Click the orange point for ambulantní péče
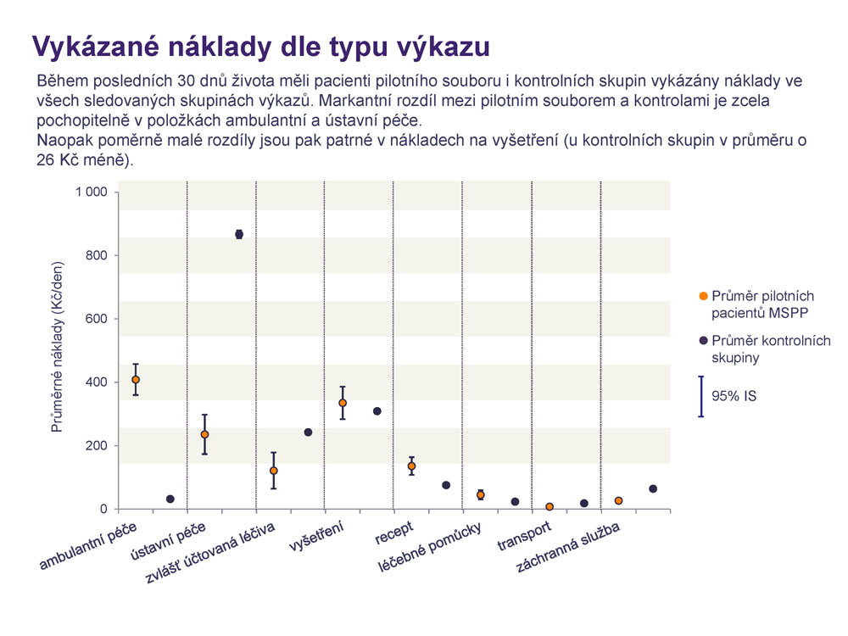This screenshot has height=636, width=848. (x=136, y=380)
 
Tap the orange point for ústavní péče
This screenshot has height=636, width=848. (x=204, y=434)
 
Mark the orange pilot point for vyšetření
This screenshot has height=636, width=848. (x=343, y=403)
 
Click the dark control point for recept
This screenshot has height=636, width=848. (x=446, y=485)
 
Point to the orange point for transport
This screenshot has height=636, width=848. (x=550, y=507)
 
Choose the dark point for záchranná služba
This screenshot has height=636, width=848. (x=653, y=489)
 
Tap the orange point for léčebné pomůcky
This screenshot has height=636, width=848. (x=480, y=495)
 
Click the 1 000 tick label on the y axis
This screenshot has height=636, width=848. (x=92, y=192)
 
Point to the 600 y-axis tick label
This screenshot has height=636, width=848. (x=97, y=319)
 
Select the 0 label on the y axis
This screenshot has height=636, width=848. (x=103, y=509)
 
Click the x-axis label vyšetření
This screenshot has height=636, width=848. (x=316, y=536)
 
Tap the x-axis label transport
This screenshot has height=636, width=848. (x=524, y=536)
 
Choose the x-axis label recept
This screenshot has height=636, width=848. (x=393, y=533)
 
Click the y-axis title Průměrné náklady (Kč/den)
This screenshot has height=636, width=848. (x=58, y=347)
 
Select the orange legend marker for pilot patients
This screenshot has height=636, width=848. (x=704, y=296)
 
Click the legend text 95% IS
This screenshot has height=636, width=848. (x=734, y=396)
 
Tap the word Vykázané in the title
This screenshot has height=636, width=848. (x=97, y=47)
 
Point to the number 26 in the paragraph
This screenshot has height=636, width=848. (x=45, y=160)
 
